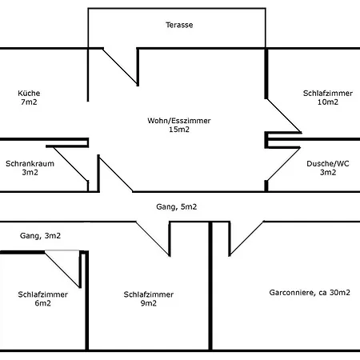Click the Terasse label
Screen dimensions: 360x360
[x=179, y=25]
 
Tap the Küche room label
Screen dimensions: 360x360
[x=29, y=93]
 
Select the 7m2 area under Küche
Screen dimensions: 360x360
[x=29, y=102]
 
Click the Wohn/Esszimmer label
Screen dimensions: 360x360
[x=179, y=121]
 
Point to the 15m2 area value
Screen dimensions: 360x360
[x=179, y=130]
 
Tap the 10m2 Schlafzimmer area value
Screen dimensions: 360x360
[x=328, y=102]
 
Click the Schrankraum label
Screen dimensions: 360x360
[x=30, y=163]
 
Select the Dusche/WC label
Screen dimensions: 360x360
[x=328, y=163]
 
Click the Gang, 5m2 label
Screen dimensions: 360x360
[x=177, y=206]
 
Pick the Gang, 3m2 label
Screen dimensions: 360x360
[x=40, y=236]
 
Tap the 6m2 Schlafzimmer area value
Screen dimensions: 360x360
[x=42, y=303]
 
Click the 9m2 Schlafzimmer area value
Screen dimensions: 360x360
[x=149, y=303]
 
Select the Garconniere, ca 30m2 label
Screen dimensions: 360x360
[x=310, y=293]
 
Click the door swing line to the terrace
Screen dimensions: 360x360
[x=120, y=67]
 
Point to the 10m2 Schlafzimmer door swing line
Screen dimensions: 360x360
[x=284, y=116]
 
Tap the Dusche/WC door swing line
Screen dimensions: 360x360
[x=284, y=164]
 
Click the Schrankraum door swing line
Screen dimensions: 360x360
[x=70, y=164]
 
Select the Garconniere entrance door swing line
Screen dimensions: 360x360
[x=246, y=238]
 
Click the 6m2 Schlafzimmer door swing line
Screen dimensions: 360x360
[x=62, y=269]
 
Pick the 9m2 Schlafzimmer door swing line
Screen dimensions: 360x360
[x=153, y=238]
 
